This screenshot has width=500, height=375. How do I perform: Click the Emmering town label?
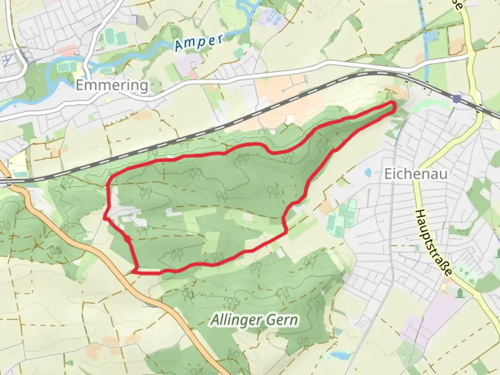point(112,85)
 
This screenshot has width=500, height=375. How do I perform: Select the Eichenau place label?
point(416,174)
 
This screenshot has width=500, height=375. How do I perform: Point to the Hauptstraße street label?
point(434,243)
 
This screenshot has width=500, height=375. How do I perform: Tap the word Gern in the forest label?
point(283,319)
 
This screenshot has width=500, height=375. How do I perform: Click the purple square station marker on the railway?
point(457,99)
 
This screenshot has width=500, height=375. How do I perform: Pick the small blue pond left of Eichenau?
point(367,172)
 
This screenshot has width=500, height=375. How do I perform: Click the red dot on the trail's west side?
point(127,239)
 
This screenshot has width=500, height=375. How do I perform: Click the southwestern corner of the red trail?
point(134,272)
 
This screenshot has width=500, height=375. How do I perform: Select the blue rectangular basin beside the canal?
point(433,36)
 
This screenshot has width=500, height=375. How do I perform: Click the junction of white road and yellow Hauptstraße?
point(469,55)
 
